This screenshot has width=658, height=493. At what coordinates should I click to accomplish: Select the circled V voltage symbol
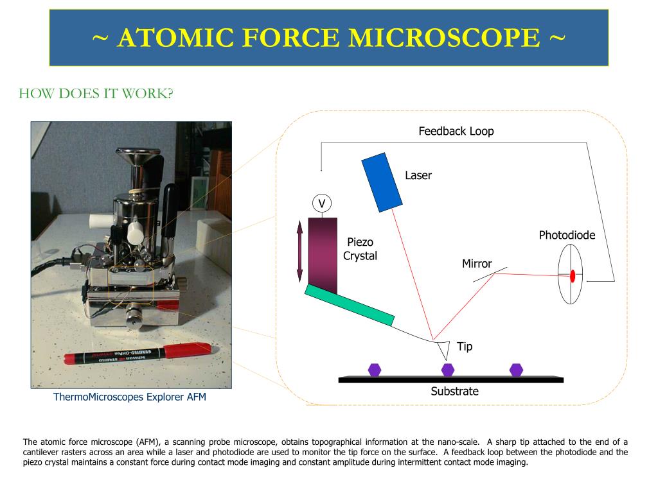point(322,204)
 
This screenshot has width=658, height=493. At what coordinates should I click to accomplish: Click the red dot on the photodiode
point(572,276)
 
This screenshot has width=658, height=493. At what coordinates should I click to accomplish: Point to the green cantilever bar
point(349,304)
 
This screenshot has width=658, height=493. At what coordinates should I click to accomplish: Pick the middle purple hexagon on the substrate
point(448,370)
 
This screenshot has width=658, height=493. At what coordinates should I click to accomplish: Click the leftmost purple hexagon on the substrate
point(375,370)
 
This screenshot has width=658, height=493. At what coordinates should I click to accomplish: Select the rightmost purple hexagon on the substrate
point(516,370)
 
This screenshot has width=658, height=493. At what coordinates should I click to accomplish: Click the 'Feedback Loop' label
point(456,132)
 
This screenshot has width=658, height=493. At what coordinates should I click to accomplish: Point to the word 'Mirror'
point(477,264)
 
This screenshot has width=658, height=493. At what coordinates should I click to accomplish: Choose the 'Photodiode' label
point(567,236)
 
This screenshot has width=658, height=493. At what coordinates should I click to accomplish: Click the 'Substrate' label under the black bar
point(454,392)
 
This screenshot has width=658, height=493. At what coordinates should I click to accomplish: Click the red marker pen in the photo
point(138,354)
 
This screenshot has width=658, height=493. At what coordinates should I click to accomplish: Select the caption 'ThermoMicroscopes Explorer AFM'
point(130,397)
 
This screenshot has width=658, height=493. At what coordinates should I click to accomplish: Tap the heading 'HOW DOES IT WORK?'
point(96,94)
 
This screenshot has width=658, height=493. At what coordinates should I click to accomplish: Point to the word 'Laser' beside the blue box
point(418,175)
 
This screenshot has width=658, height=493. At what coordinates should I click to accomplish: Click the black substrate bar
point(450,380)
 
